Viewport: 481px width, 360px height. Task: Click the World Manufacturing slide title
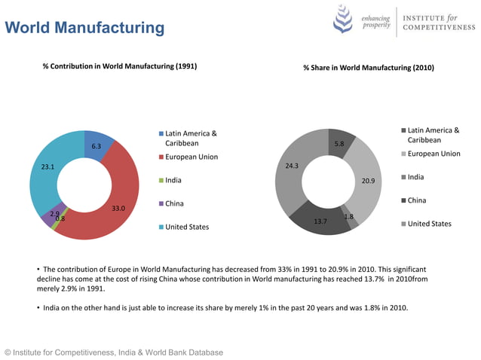tap(84, 28)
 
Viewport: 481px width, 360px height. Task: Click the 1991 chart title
tap(120, 66)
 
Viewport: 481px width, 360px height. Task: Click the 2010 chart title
tap(369, 68)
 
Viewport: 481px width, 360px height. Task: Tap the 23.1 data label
tap(47, 166)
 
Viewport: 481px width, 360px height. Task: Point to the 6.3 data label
tap(97, 146)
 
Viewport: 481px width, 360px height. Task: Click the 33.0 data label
tap(118, 208)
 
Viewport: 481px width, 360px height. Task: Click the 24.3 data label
tap(293, 166)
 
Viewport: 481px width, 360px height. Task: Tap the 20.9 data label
tap(368, 181)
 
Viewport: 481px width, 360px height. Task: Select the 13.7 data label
tap(320, 221)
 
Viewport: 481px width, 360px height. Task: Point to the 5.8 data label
tap(339, 144)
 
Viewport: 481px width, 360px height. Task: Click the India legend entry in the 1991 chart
tap(173, 180)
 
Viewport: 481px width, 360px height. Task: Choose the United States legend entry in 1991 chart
tap(187, 227)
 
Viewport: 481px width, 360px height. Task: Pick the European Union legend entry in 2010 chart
tap(433, 154)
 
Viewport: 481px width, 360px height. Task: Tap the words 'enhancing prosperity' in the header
tap(376, 22)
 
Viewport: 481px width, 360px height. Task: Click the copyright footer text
tap(114, 352)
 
